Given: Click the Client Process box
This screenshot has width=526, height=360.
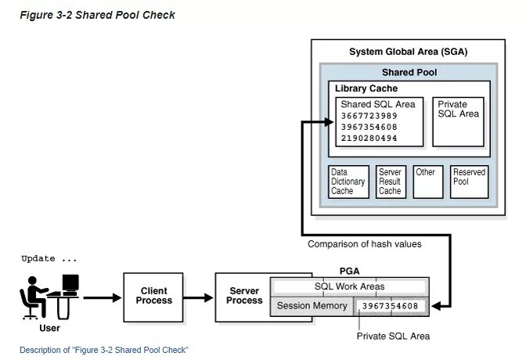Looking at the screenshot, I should click(x=154, y=295).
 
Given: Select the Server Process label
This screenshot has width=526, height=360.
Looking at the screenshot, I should click(x=244, y=295).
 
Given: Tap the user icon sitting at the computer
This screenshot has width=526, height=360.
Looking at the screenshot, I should click(x=49, y=296).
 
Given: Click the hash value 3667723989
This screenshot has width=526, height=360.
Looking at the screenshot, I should click(x=368, y=116).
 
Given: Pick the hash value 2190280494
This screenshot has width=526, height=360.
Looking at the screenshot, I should click(x=368, y=139).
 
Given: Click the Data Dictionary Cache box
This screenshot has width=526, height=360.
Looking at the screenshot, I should click(x=348, y=182).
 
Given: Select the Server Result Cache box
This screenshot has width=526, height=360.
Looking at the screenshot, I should click(x=390, y=182).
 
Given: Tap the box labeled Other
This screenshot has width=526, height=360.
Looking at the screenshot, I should click(x=428, y=182).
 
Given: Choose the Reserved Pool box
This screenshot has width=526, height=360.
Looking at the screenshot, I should click(x=470, y=182).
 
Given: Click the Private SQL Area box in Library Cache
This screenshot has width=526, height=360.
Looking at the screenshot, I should click(x=458, y=121).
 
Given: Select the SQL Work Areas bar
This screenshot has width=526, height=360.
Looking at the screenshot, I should click(x=350, y=286).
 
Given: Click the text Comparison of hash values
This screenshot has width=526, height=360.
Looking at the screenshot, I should click(x=364, y=244).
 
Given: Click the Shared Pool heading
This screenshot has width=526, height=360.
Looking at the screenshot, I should click(x=409, y=72).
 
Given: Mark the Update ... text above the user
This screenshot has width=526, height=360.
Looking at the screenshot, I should click(x=49, y=258).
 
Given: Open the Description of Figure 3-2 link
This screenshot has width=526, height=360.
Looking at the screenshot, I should click(x=104, y=349).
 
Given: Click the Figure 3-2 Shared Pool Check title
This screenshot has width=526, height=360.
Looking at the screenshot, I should click(x=98, y=15).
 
